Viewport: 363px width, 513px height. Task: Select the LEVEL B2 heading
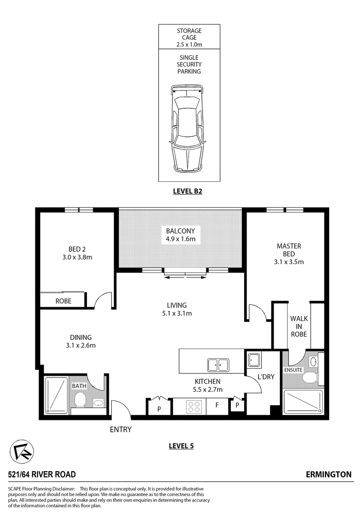click(189, 192)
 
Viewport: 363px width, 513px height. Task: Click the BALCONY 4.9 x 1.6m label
click(181, 235)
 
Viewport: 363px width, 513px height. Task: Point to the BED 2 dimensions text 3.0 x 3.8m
click(77, 257)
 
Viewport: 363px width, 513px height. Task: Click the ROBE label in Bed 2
click(63, 301)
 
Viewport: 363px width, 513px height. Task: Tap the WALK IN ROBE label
click(298, 326)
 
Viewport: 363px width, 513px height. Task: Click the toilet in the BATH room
click(80, 400)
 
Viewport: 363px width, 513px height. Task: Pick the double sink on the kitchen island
click(218, 365)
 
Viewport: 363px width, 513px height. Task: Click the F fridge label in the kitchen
click(217, 407)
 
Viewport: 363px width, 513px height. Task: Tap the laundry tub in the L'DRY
click(253, 360)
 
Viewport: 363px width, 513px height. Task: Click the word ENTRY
click(121, 429)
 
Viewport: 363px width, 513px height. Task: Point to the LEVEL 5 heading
click(181, 446)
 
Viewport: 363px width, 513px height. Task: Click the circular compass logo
click(21, 451)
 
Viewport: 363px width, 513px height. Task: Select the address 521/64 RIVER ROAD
click(42, 474)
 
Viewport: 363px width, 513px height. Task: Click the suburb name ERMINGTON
click(329, 474)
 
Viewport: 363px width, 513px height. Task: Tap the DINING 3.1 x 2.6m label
click(80, 342)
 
